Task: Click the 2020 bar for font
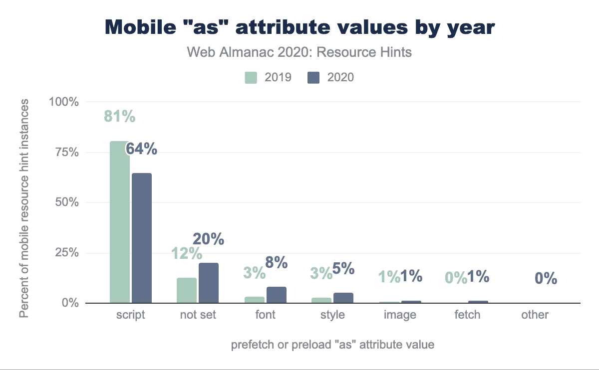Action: pyautogui.click(x=277, y=295)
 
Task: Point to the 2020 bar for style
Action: pyautogui.click(x=343, y=298)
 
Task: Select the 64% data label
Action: pyautogui.click(x=141, y=149)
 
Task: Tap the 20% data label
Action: pyautogui.click(x=209, y=239)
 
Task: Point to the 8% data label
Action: pyautogui.click(x=276, y=262)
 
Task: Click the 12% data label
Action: pyautogui.click(x=186, y=254)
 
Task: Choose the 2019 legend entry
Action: pyautogui.click(x=268, y=77)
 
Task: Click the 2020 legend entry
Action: pyautogui.click(x=331, y=77)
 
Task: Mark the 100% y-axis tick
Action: pyautogui.click(x=63, y=102)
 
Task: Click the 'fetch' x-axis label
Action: pyautogui.click(x=467, y=315)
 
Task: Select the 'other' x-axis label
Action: pyautogui.click(x=535, y=315)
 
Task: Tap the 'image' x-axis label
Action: pyautogui.click(x=400, y=315)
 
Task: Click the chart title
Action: pyautogui.click(x=299, y=27)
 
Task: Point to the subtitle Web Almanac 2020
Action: pyautogui.click(x=299, y=52)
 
